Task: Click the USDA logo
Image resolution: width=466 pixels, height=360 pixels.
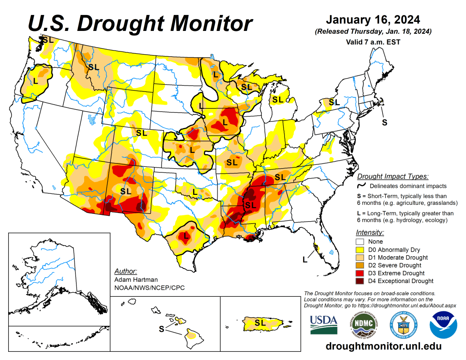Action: [x=324, y=324]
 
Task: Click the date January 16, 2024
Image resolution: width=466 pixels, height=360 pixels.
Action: [x=373, y=20]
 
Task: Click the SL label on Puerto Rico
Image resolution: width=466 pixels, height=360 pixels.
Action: [x=260, y=322]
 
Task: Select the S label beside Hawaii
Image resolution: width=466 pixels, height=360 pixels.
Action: [x=161, y=329]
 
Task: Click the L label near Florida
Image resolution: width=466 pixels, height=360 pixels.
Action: [x=304, y=259]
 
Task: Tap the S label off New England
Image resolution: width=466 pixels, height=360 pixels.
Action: [x=385, y=122]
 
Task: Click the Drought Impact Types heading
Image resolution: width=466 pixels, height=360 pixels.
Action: [x=393, y=177]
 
